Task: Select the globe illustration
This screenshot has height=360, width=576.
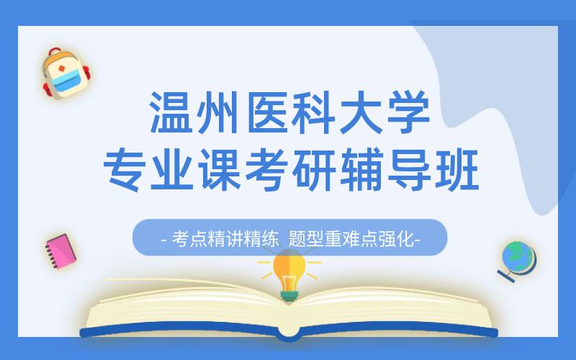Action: pyautogui.click(x=518, y=260)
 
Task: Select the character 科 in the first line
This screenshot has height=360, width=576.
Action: pyautogui.click(x=315, y=112)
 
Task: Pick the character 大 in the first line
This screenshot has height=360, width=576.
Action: pyautogui.click(x=361, y=112)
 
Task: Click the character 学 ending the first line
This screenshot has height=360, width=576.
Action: pyautogui.click(x=408, y=112)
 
